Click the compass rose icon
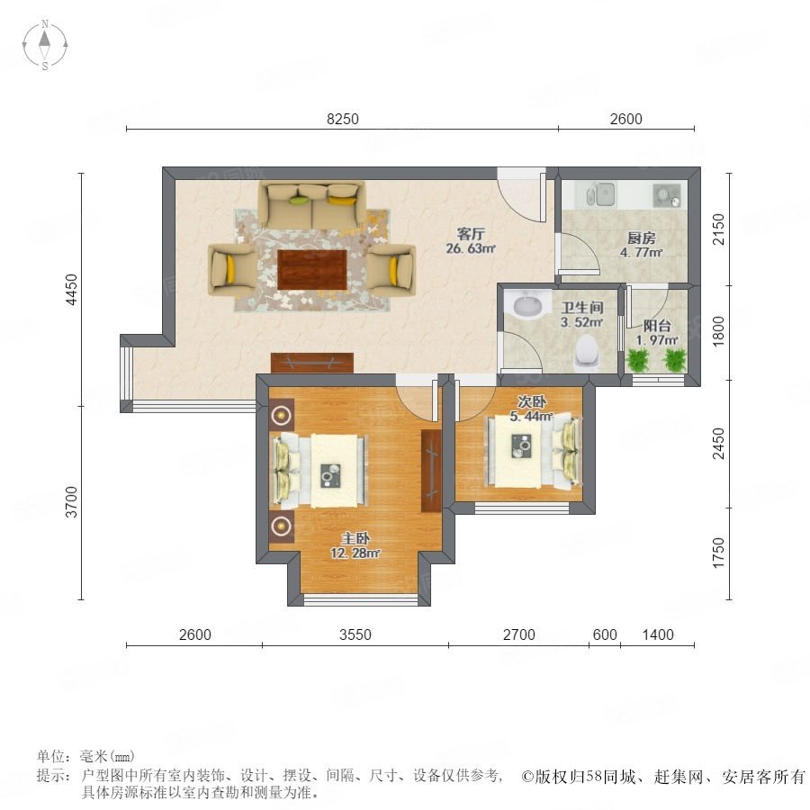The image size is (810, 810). coord(45,45)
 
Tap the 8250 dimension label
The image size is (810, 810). coord(343,120)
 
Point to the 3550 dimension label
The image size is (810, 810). coord(355,634)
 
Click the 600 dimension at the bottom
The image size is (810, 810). coord(605,634)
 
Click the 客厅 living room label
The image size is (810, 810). coord(471,234)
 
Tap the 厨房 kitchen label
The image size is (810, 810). coord(641,238)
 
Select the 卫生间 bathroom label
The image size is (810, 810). coord(582,308)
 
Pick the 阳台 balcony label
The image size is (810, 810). coord(657,326)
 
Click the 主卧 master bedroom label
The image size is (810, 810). coord(355,539)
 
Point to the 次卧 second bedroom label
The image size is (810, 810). coord(532,401)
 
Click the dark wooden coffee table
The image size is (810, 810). coord(312,270)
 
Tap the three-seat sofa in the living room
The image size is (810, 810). coord(312,204)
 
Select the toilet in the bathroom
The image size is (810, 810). coord(588,352)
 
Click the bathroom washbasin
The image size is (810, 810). coord(527,304)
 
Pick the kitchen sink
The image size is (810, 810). coord(601,194)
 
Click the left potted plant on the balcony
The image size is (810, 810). coord(638,359)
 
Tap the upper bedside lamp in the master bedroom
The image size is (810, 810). coord(282,414)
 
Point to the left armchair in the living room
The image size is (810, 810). coord(233,270)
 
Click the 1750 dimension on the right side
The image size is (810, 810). coord(718,553)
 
